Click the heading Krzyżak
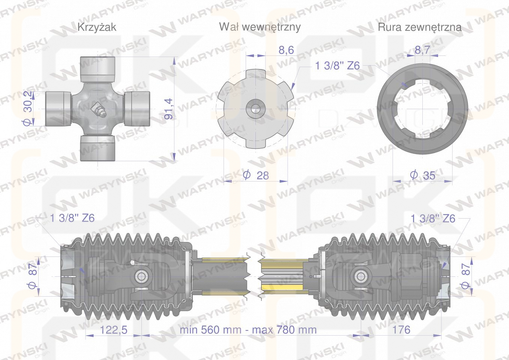96,27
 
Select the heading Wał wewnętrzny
260,27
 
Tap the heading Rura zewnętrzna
419,27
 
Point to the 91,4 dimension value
169,109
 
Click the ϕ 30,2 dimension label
27,108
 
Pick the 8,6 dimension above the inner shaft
286,50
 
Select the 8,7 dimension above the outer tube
422,50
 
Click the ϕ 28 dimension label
256,175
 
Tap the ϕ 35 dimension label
423,175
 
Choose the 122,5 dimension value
114,330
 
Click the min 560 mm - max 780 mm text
248,330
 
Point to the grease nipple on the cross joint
98,110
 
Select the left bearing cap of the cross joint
59,108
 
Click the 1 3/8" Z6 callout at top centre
337,66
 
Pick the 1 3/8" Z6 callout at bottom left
72,218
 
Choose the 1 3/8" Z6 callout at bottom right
433,218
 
